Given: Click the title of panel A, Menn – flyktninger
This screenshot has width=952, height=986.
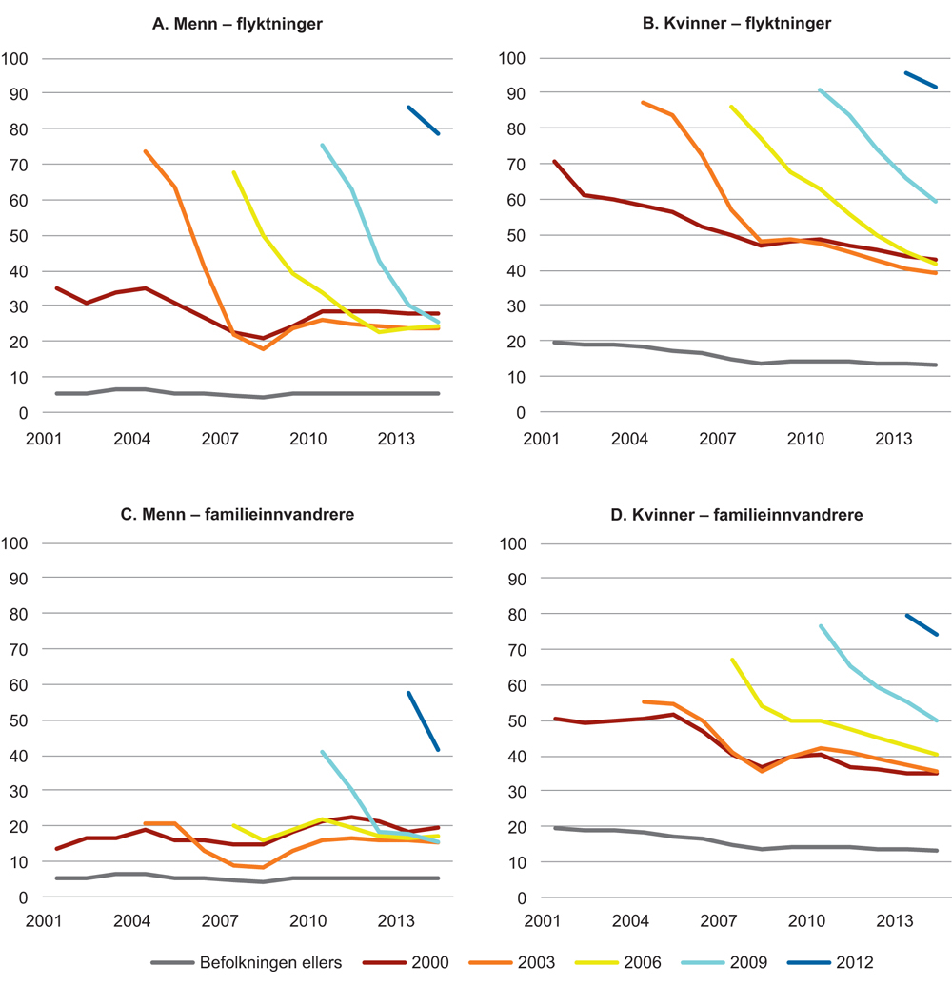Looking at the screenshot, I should pos(237,24).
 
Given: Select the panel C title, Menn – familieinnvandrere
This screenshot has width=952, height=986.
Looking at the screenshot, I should pos(237,515).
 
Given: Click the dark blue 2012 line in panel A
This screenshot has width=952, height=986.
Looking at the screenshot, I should pos(424,121).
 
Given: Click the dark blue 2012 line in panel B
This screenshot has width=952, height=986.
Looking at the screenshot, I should pos(922,80).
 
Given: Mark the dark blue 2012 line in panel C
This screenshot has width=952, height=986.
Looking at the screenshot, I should pos(424,721).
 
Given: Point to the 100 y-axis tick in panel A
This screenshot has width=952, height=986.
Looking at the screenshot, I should pos(19,59).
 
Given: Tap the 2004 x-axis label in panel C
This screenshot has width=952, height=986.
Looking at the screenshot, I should pos(130,924).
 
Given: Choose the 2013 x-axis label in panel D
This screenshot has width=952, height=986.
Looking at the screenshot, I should pos(893,924).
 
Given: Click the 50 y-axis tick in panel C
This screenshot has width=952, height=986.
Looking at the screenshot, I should pos(23,720).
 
